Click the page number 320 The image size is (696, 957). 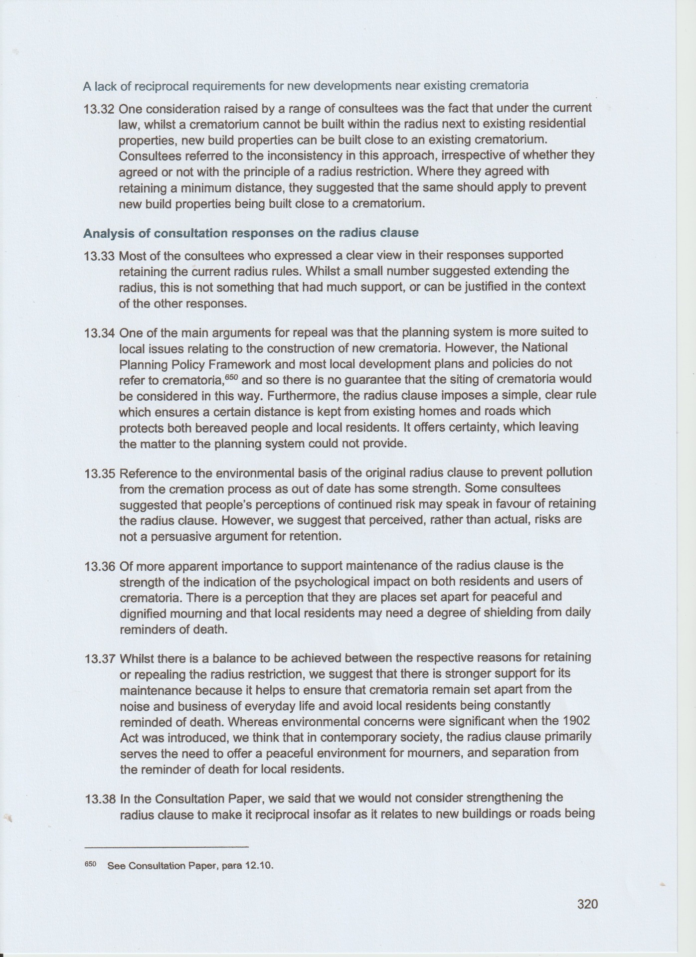point(587,904)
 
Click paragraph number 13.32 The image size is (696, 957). point(100,109)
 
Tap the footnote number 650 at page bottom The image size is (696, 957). point(90,864)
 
